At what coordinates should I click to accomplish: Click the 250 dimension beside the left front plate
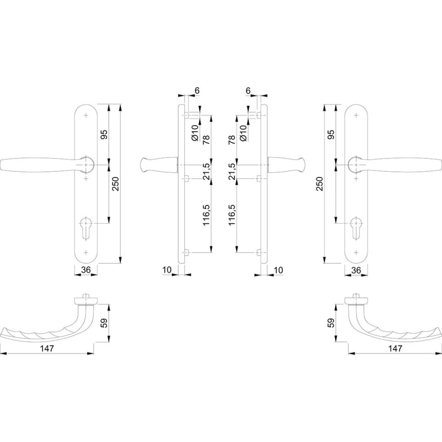tap(116, 184)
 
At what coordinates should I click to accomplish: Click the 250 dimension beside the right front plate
tap(320, 184)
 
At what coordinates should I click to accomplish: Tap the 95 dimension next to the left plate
tap(104, 135)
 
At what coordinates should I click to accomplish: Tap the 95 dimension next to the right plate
tap(331, 135)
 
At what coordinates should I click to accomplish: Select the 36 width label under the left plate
tap(86, 270)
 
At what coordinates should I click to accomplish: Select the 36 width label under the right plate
tap(356, 270)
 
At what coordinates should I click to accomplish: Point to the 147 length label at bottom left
tap(47, 348)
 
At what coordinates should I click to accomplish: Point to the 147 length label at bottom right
tap(395, 348)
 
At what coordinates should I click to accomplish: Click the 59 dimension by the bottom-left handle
tap(104, 323)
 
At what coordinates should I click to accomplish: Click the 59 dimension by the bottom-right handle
tap(331, 323)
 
